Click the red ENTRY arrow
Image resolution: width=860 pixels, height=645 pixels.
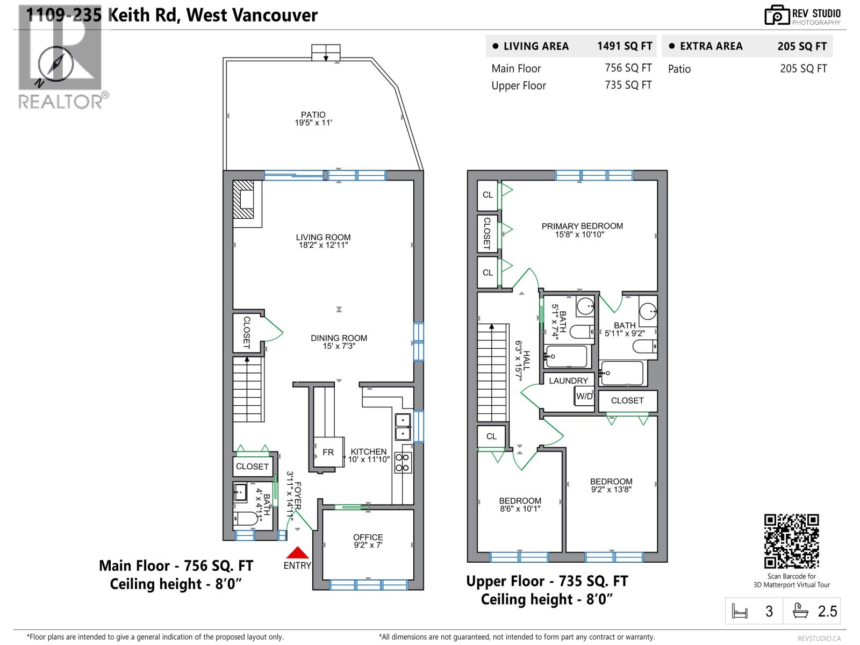click(297, 553)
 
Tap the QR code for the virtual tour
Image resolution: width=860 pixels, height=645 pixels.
click(791, 541)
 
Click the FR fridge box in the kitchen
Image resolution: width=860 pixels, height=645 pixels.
click(328, 453)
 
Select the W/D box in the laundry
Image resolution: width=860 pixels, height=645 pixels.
click(584, 397)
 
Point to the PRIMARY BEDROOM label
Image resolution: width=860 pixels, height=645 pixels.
click(582, 226)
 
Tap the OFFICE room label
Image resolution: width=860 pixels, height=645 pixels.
click(368, 537)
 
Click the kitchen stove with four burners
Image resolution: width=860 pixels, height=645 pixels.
click(403, 463)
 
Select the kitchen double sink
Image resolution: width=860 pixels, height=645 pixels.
click(403, 427)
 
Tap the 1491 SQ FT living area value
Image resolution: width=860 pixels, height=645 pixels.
click(624, 46)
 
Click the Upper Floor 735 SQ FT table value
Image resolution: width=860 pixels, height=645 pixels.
click(628, 85)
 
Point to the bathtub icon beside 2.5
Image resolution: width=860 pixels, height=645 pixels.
click(801, 611)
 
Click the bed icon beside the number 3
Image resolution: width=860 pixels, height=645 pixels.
click(740, 612)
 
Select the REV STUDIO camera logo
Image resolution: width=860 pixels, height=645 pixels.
click(777, 16)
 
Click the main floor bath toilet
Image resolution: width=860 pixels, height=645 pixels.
click(246, 519)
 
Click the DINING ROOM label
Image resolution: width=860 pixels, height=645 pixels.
click(339, 338)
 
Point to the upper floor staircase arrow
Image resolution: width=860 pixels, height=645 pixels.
click(491, 327)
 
